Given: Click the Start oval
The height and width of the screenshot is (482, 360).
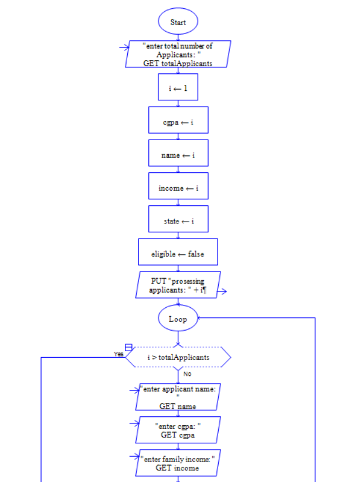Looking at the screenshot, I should (178, 22).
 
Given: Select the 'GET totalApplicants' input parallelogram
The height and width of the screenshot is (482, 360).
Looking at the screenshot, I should (178, 54).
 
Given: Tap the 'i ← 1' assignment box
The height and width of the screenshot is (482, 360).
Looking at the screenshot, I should (178, 87).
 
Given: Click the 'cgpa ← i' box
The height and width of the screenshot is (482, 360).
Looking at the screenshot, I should (178, 120).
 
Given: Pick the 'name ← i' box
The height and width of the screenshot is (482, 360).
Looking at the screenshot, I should (178, 153).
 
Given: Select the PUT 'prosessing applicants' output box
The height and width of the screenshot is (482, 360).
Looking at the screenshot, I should (178, 285).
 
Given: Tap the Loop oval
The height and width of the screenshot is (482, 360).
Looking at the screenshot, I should (178, 318).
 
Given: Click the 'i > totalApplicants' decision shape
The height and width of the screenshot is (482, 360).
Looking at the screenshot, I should (178, 357).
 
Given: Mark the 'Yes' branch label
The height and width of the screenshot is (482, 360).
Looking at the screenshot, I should (118, 354).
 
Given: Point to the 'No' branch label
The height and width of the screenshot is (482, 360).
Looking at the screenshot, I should (187, 374).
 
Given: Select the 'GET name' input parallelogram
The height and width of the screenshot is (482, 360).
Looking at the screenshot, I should (178, 397).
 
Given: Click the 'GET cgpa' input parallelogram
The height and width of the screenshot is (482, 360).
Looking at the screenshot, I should (178, 430).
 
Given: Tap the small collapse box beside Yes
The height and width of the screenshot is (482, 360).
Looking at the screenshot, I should (128, 348).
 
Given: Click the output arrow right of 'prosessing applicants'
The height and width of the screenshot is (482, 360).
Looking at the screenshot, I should (221, 290).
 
